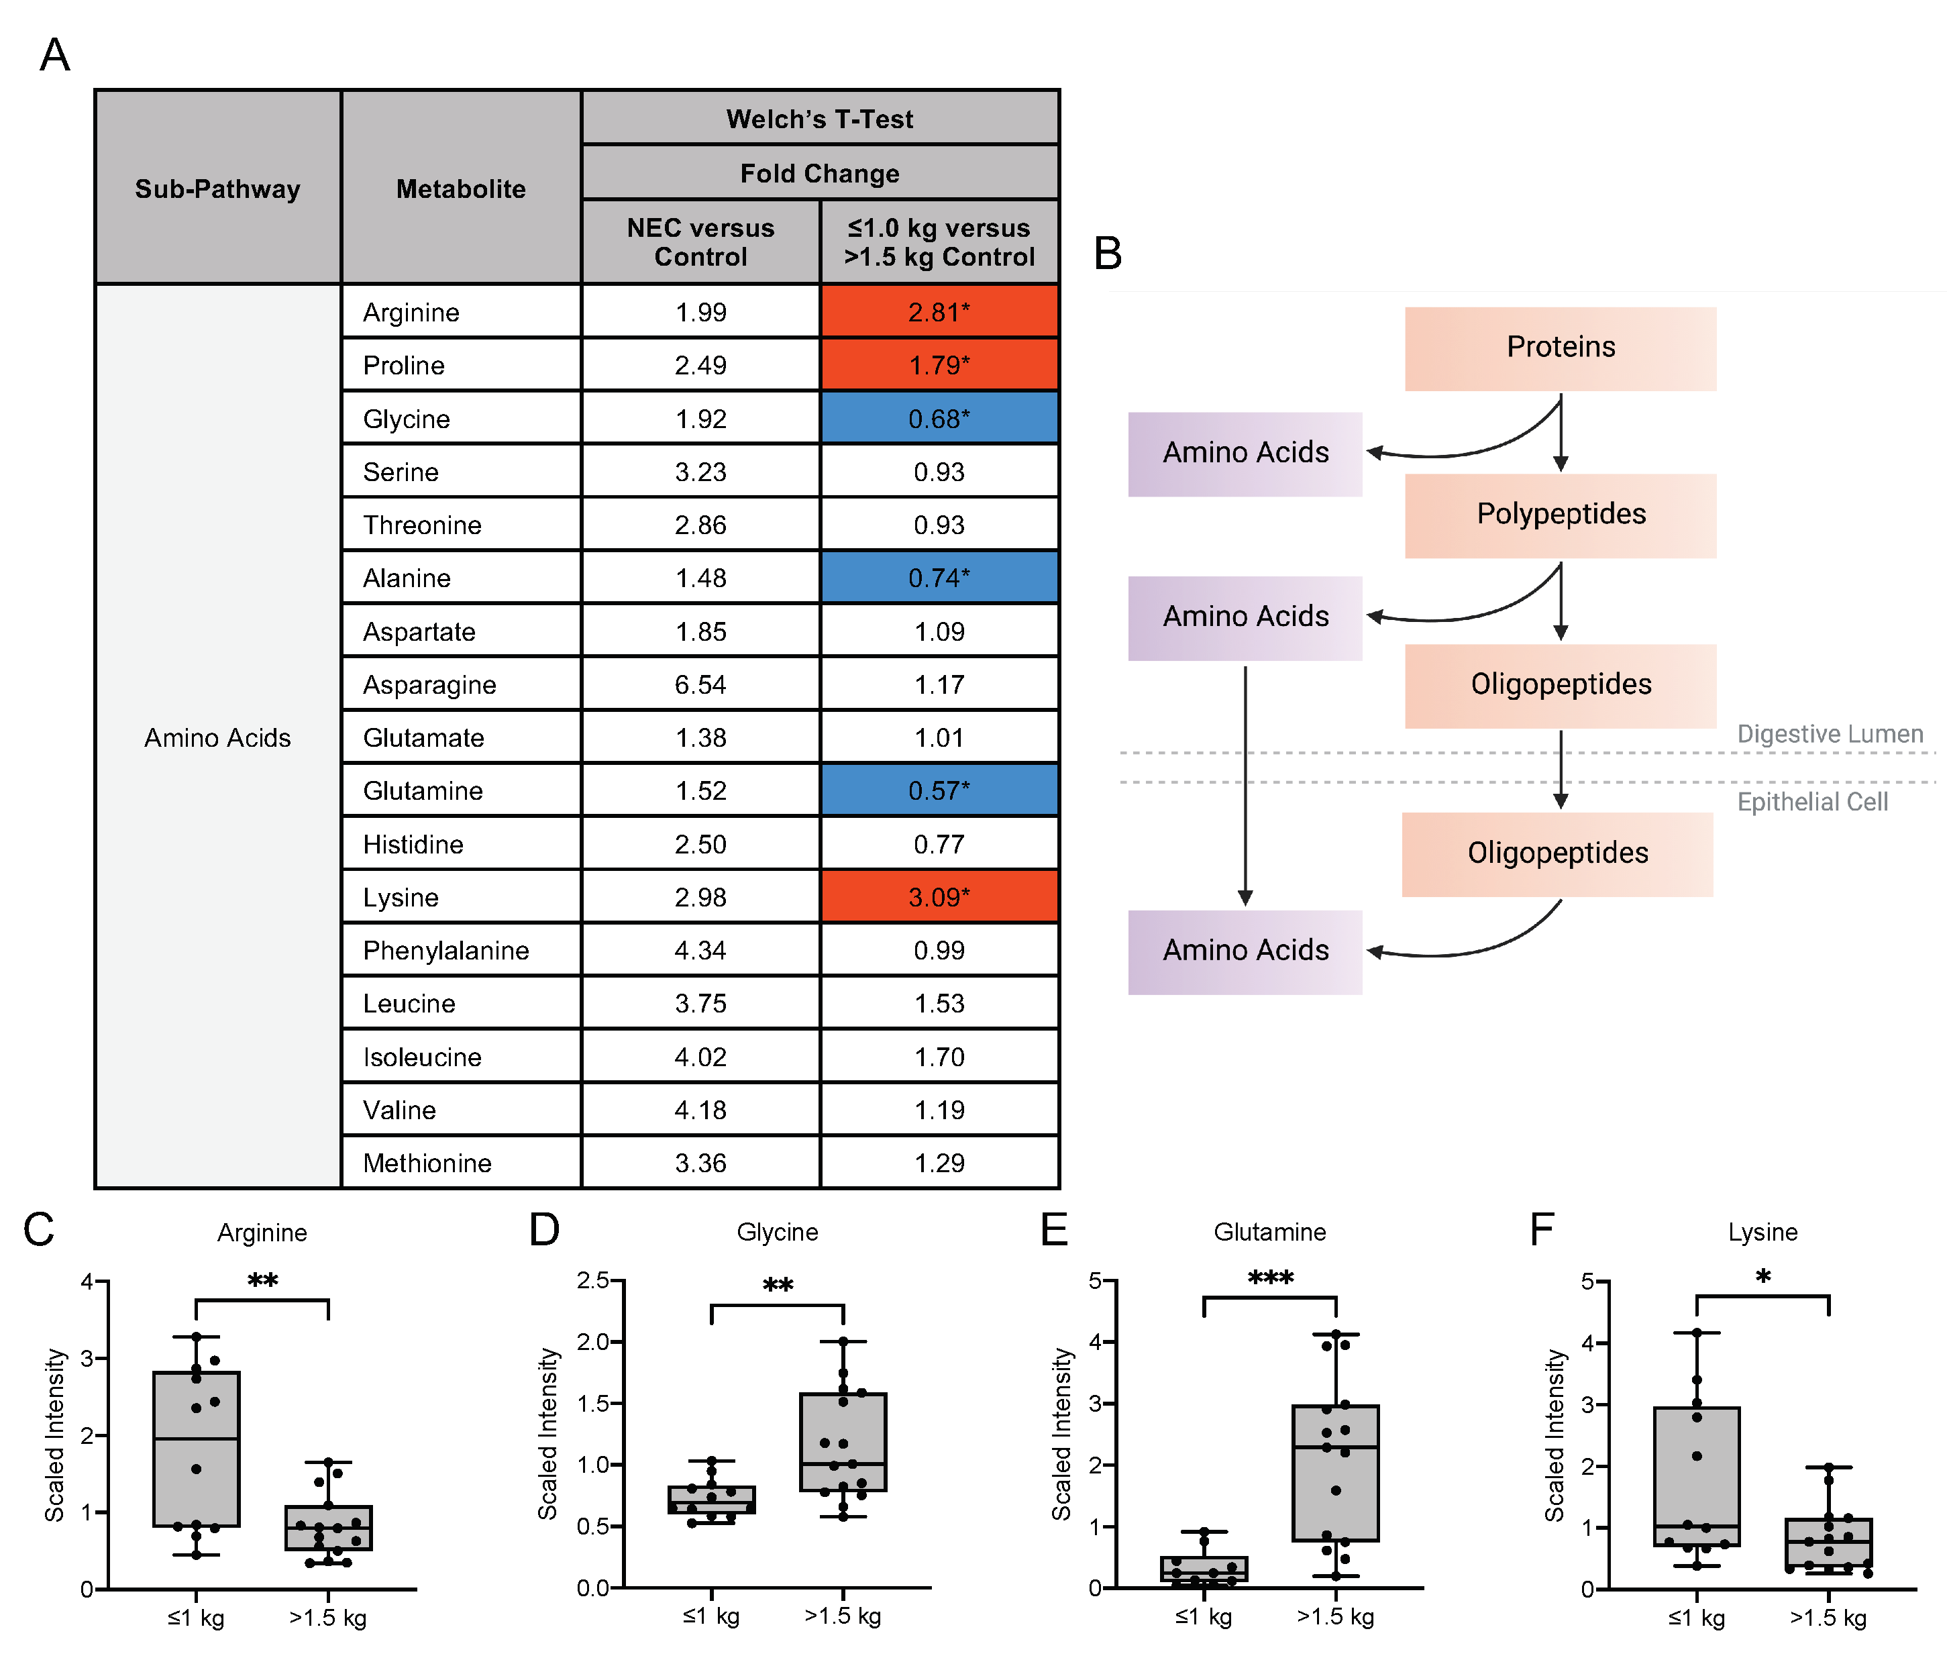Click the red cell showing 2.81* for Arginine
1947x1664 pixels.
[939, 312]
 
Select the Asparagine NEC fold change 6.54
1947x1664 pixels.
[700, 684]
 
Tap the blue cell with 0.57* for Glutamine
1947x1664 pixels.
[939, 790]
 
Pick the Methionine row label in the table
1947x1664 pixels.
[427, 1163]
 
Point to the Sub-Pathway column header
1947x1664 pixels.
[217, 189]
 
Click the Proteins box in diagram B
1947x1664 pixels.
[1560, 348]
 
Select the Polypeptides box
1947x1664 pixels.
[1560, 515]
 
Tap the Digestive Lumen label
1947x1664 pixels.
[1829, 734]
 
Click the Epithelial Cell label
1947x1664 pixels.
[1811, 801]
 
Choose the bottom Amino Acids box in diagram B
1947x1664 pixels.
[1245, 951]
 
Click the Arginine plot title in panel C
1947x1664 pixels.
[262, 1233]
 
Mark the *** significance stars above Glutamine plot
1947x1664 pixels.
[1271, 1278]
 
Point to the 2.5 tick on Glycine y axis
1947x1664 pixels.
[593, 1280]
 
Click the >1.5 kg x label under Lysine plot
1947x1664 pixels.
[1828, 1617]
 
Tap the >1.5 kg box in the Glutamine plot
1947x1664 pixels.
[1335, 1472]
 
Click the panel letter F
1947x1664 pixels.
[1541, 1229]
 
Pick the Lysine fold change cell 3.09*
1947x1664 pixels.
[939, 897]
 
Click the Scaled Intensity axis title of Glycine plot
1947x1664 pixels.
[548, 1434]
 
